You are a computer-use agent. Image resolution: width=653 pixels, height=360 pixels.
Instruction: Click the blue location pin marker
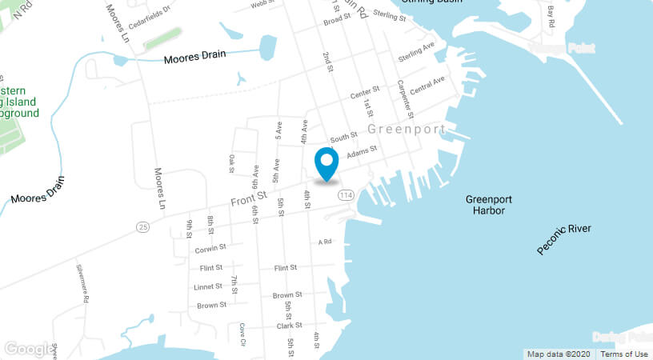(x=326, y=164)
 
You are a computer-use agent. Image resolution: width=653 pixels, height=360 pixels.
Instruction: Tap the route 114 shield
(x=346, y=195)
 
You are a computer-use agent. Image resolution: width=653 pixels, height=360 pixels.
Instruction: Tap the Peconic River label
(x=564, y=239)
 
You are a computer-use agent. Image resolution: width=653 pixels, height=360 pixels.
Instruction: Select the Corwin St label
(x=211, y=248)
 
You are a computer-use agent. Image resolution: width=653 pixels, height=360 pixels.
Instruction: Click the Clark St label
(x=289, y=325)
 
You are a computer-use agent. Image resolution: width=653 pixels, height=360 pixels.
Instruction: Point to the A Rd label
(x=324, y=242)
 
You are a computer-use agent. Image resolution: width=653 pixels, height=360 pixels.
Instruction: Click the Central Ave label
(x=427, y=84)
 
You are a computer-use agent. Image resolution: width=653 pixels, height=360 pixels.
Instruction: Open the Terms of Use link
(x=624, y=354)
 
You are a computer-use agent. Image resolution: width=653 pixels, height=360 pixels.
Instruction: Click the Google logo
(x=27, y=349)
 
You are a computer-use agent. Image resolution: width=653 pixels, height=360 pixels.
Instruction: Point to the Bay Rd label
(x=551, y=17)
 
